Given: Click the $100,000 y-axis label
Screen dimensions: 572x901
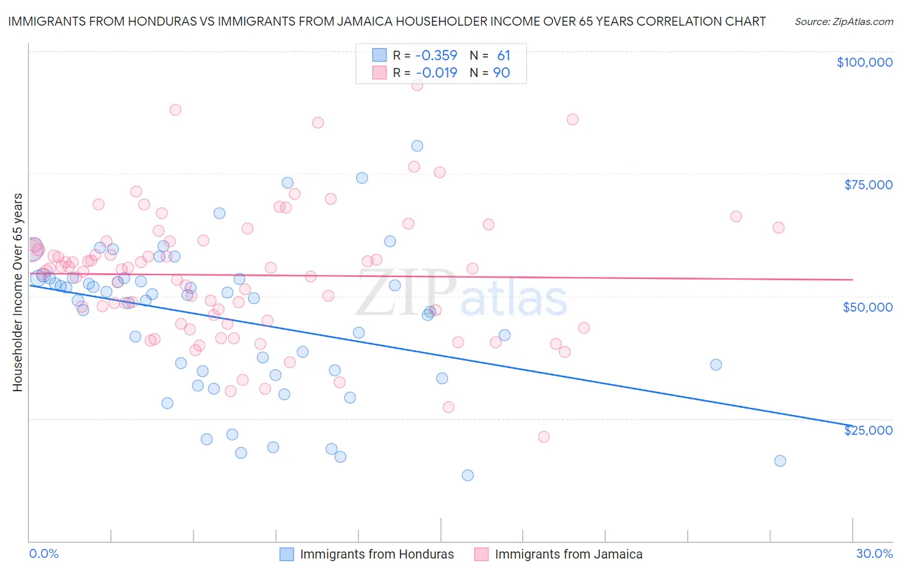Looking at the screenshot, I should tap(864, 62).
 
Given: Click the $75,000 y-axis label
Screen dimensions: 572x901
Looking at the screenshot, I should tap(868, 185).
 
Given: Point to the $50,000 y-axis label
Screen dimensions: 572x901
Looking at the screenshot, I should tap(867, 307).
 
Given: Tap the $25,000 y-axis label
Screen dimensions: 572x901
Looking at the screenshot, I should tap(868, 430).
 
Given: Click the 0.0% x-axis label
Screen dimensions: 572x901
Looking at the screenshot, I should tap(44, 553).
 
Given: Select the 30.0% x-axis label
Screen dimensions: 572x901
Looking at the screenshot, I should tap(874, 553).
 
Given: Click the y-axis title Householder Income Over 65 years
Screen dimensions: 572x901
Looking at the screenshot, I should tap(17, 292).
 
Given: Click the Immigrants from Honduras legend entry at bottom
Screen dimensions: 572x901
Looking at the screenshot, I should tap(377, 554).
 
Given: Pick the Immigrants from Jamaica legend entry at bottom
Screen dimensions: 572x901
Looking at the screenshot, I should tap(568, 554).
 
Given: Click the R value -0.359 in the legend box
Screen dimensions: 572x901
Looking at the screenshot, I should tap(435, 55).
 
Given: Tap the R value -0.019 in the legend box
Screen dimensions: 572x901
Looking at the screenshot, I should tap(435, 72).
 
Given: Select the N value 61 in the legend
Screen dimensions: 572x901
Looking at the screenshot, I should tap(503, 55).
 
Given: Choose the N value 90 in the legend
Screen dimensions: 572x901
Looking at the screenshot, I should tap(501, 72).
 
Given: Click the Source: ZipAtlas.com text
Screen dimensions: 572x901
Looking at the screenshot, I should tap(843, 21).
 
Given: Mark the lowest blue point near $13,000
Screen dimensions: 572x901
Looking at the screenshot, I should tap(468, 475).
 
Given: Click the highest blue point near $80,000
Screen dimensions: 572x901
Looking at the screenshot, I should tap(417, 146).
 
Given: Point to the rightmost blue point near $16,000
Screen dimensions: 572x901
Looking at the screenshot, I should tap(780, 460).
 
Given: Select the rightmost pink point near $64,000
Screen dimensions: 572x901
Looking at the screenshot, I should tap(779, 228).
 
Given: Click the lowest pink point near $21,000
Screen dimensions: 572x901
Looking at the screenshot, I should tap(543, 437).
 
